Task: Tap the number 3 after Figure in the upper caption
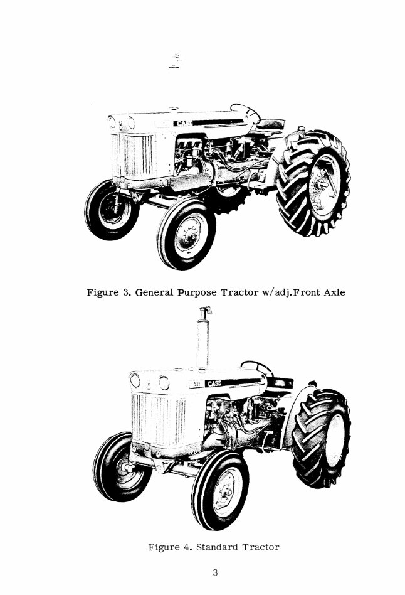coord(124,292)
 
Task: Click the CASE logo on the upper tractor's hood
coord(183,123)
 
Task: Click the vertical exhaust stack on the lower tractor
coord(202,339)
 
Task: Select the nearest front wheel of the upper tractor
coord(186,233)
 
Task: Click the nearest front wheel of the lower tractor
coord(219,491)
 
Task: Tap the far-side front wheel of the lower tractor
coord(122,466)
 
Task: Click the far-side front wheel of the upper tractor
coord(112,209)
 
